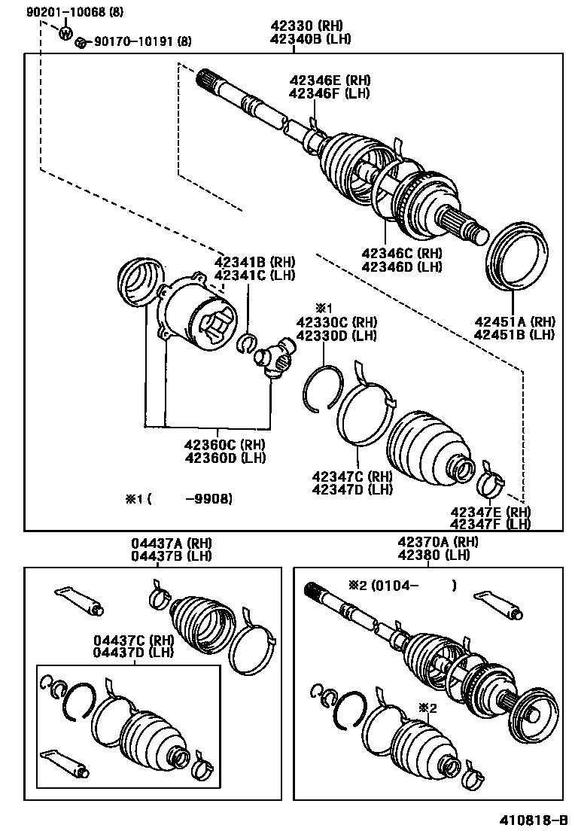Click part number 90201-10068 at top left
[59, 13]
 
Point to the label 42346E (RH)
[329, 81]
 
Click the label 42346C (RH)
[401, 254]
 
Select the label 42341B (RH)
[254, 263]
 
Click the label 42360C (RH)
[224, 445]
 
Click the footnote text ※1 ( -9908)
[178, 498]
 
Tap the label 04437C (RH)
[133, 641]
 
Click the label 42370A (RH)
[437, 543]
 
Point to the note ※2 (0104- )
[402, 585]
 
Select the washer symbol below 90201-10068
[65, 32]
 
